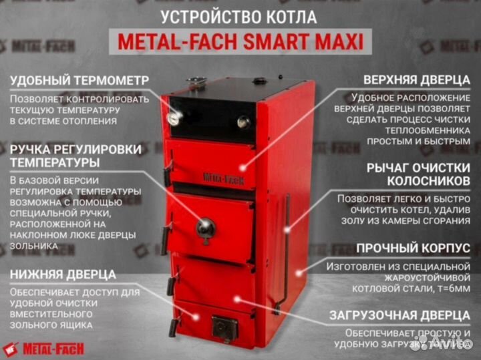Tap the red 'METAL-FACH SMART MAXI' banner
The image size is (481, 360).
[x=240, y=42]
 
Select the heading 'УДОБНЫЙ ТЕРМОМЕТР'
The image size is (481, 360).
[x=79, y=80]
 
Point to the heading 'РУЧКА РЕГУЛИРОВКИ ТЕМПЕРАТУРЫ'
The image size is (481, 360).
[x=75, y=156]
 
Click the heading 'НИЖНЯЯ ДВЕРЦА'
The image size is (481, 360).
[x=63, y=274]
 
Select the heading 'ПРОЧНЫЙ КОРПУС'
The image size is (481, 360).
[x=413, y=248]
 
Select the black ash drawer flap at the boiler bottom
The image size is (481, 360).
[x=224, y=327]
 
